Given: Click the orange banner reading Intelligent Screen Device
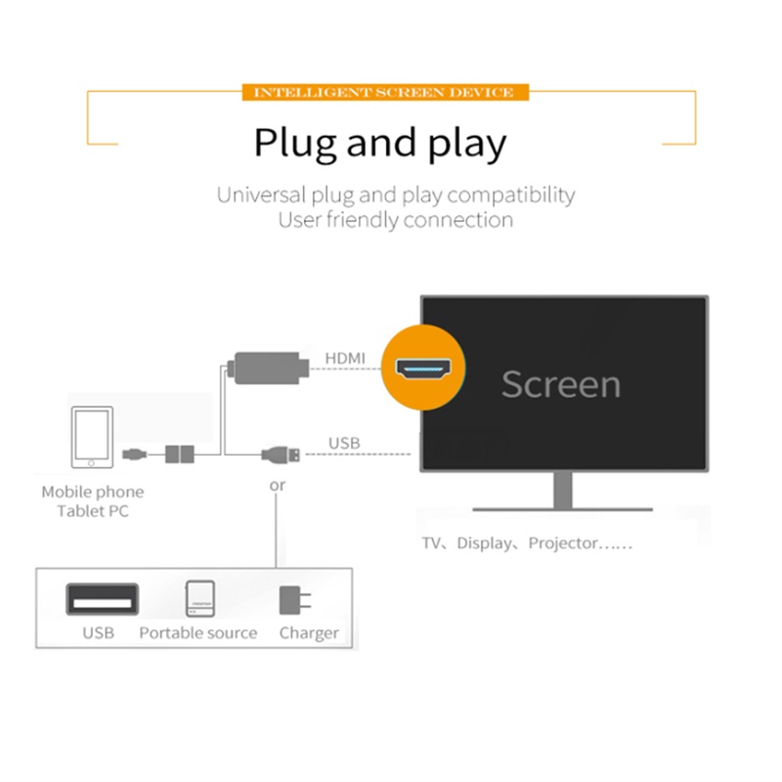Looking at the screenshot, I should (383, 92).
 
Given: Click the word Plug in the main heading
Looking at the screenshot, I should (295, 143).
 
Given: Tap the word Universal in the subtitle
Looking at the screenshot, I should (258, 195).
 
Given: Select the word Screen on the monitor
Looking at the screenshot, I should (560, 384).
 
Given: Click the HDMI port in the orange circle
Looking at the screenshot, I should (423, 369).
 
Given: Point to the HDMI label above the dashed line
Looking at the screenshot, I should (344, 359).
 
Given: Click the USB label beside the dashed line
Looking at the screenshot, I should (344, 444).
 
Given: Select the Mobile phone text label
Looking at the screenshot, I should (92, 493).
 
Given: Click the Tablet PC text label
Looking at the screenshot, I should (92, 511).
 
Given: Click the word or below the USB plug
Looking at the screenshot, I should (278, 485).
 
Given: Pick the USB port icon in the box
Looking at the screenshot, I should (102, 597).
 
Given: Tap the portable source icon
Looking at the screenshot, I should (199, 598).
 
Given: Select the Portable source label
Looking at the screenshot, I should (197, 633).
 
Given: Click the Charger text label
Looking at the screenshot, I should (309, 633).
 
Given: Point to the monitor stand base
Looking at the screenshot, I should (562, 507).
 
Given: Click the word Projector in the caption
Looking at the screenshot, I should (563, 543).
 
